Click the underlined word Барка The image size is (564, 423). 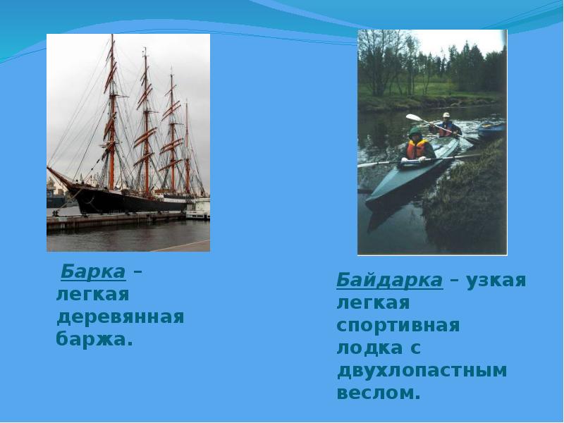tap(93, 271)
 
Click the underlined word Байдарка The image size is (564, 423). tap(389, 280)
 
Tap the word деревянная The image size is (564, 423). tap(120, 317)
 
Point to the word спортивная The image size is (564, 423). tap(398, 326)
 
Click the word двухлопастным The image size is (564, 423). tap(422, 370)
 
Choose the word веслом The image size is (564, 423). tap(378, 393)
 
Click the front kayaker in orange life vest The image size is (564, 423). tap(417, 147)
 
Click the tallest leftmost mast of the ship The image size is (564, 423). tap(112, 106)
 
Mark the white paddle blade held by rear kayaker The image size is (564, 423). tap(413, 118)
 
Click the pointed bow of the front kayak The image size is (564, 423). tap(371, 197)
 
